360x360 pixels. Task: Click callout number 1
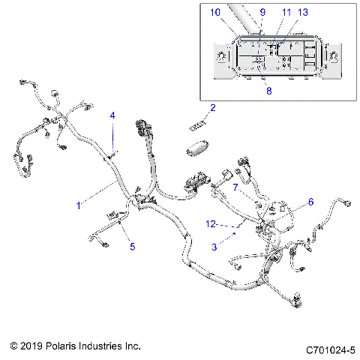point(77,204)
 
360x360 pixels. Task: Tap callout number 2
point(212,109)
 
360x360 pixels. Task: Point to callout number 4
point(112,115)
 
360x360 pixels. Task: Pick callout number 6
point(311,202)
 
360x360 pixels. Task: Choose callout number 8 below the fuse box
point(269,91)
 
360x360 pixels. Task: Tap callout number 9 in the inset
point(262,12)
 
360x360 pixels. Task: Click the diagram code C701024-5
point(330,349)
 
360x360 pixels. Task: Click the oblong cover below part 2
point(198,147)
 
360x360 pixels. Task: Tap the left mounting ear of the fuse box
point(223,58)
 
